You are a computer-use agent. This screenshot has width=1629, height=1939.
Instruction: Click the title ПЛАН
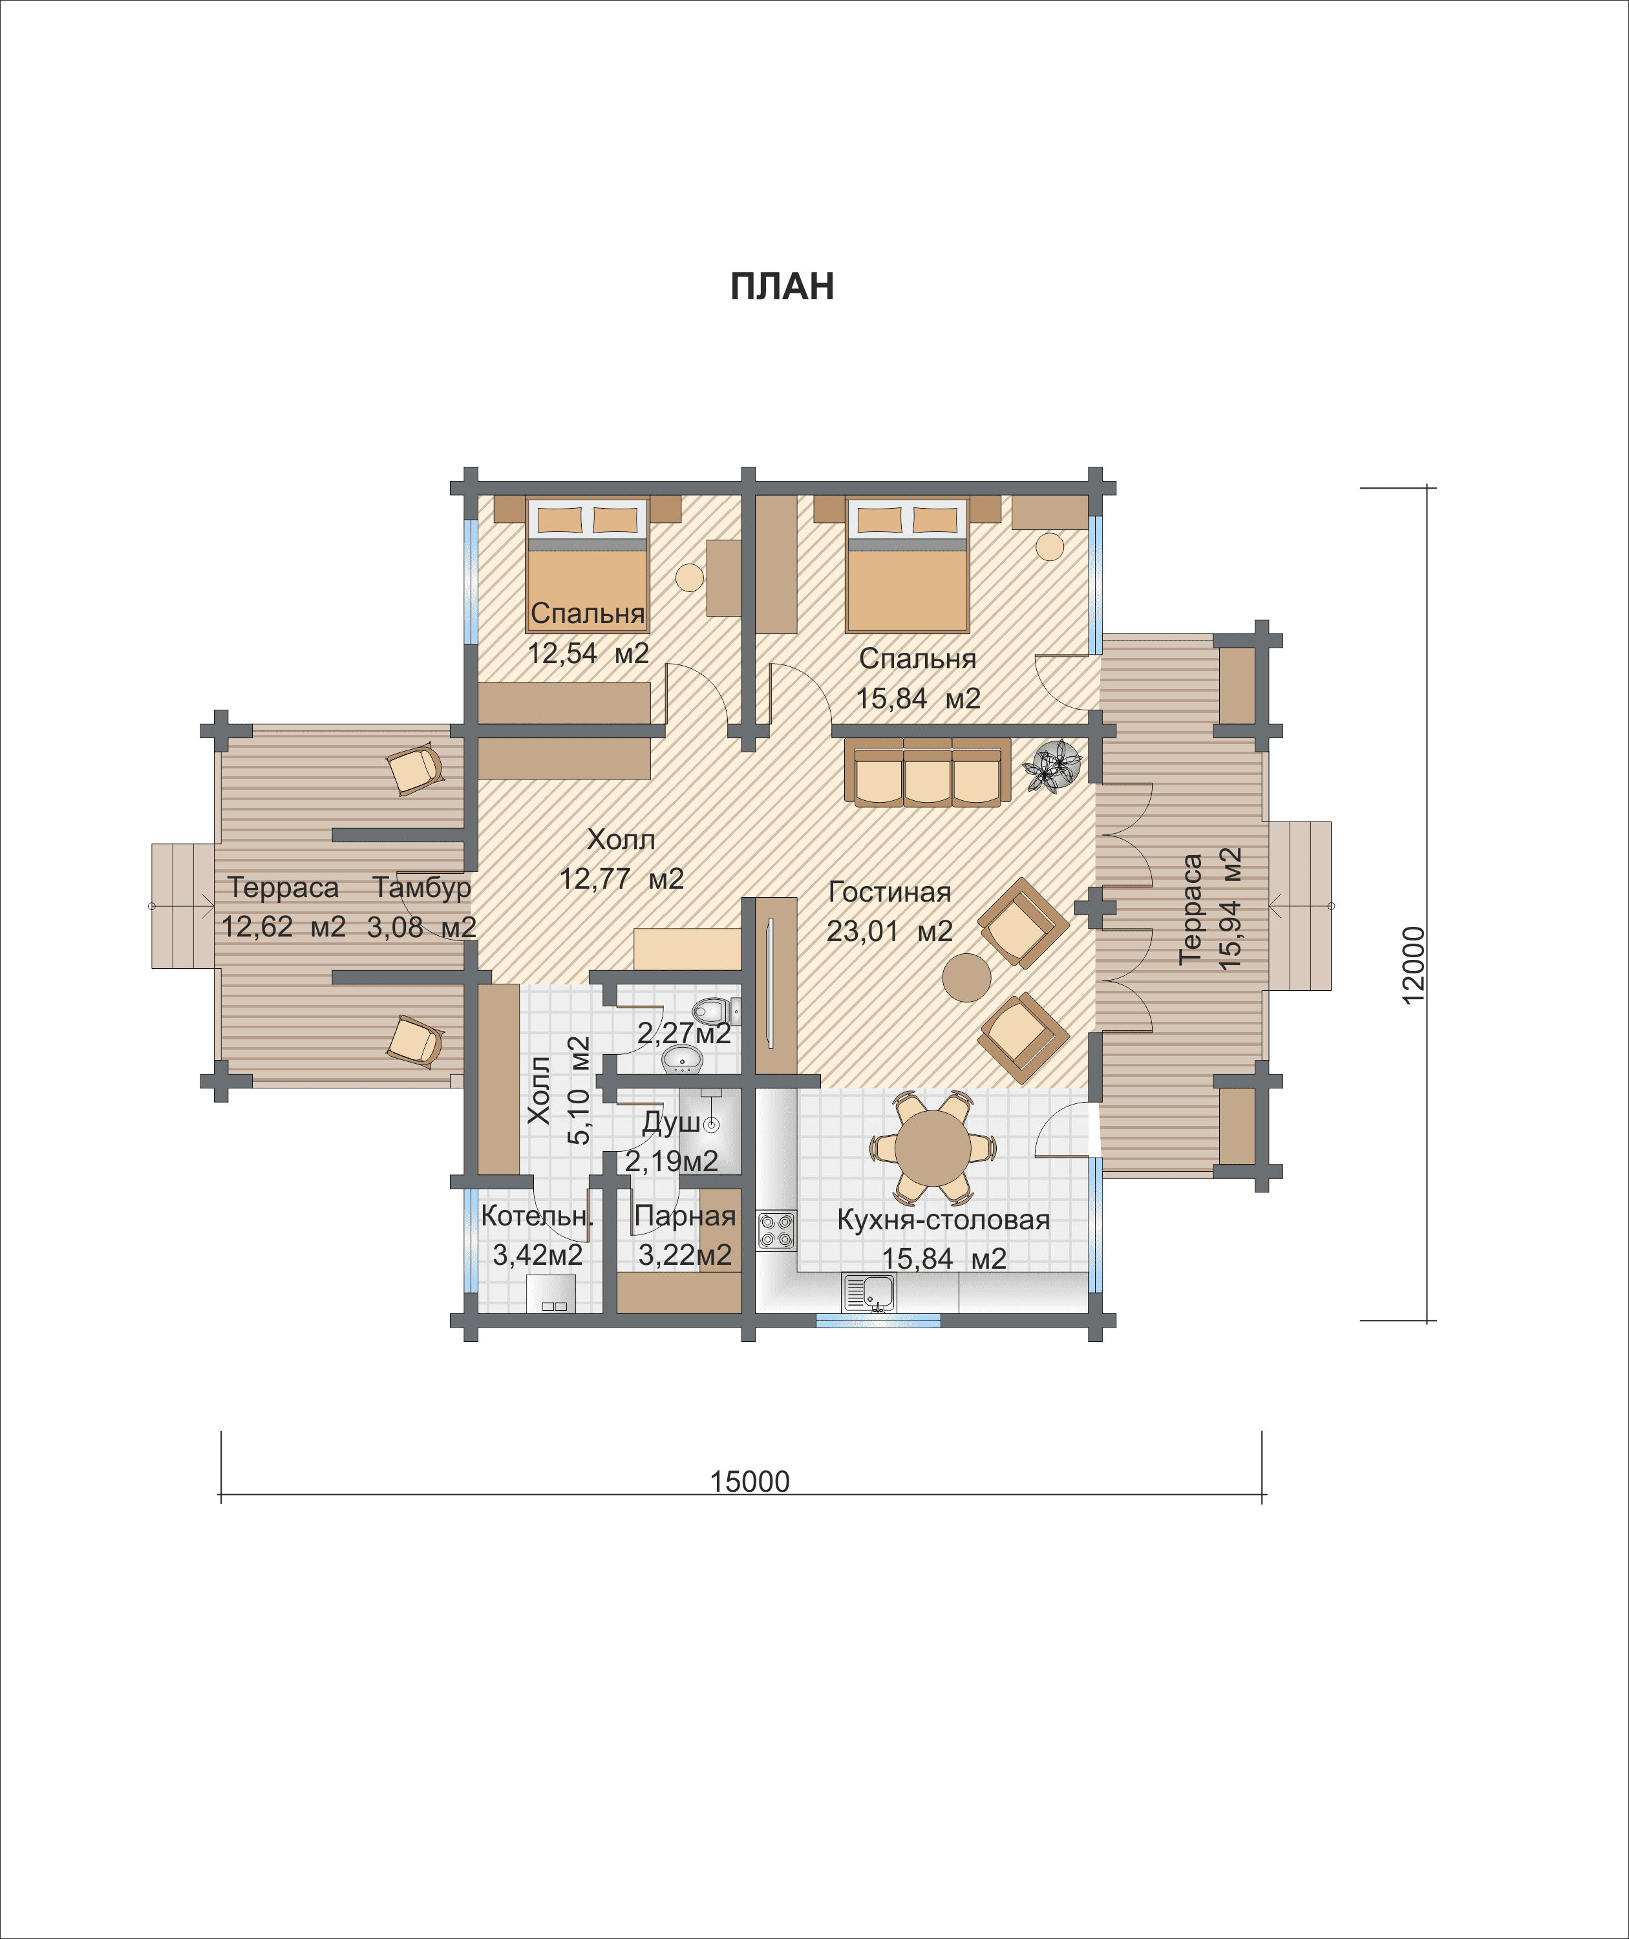(x=782, y=287)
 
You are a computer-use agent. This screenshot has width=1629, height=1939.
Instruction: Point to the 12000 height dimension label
(x=1413, y=965)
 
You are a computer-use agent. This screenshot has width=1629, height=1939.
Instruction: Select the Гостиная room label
(x=889, y=892)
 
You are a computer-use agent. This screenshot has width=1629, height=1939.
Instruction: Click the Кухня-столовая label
(x=943, y=1220)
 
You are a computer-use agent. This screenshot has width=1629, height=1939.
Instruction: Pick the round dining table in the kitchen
(x=933, y=1149)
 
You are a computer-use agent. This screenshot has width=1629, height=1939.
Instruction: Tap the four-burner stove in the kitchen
(x=776, y=1230)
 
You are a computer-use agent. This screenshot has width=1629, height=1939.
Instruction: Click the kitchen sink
(x=869, y=1292)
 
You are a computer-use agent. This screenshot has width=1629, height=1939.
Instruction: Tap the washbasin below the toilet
(x=683, y=1062)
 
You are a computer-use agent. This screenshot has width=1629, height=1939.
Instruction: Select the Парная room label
(x=685, y=1216)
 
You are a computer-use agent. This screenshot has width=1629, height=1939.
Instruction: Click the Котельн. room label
(x=536, y=1216)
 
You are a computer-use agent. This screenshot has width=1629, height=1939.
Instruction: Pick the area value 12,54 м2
(x=588, y=653)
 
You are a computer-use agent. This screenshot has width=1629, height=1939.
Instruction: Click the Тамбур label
(x=422, y=887)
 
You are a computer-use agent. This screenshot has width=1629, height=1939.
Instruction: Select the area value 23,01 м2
(x=889, y=931)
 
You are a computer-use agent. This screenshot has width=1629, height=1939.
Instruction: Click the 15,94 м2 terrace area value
(x=1230, y=909)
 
